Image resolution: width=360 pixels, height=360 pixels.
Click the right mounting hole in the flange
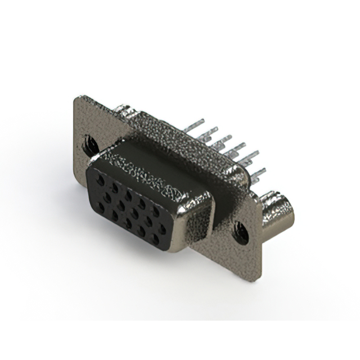[x=241, y=231]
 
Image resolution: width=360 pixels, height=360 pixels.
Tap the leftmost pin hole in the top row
[x=100, y=179]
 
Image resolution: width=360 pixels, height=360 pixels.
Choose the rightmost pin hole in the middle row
[x=163, y=229]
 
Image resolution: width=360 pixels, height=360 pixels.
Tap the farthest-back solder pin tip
[x=201, y=120]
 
